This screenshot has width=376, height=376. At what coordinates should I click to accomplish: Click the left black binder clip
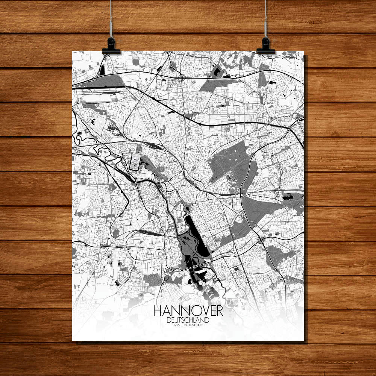tap(111, 45)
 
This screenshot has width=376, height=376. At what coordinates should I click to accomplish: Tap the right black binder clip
tap(265, 45)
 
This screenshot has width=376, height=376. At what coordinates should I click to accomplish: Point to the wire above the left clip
tap(111, 19)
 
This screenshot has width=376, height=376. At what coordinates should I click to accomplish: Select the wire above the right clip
tap(265, 19)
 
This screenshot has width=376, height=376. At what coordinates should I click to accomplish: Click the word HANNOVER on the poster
tap(188, 311)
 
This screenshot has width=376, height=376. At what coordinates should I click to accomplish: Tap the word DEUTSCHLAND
tap(188, 320)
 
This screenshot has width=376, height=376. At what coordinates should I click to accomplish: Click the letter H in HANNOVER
tap(158, 311)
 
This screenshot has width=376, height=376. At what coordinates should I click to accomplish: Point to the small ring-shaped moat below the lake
tap(216, 278)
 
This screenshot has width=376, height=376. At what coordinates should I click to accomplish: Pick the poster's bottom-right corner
tap(304, 341)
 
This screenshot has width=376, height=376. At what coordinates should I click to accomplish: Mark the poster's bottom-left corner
tap(72, 341)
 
